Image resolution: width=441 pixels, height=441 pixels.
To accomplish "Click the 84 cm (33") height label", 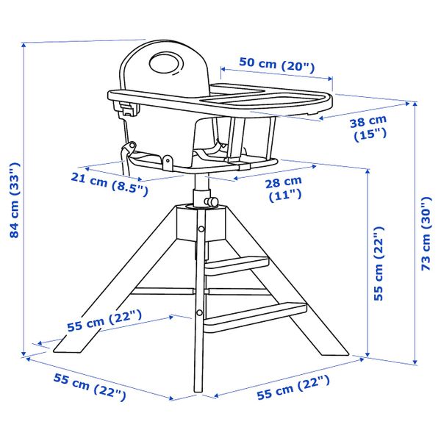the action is pyautogui.click(x=15, y=200).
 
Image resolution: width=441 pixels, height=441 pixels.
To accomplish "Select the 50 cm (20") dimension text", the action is pyautogui.click(x=276, y=65).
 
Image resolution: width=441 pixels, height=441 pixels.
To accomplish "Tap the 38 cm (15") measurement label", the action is pyautogui.click(x=369, y=128).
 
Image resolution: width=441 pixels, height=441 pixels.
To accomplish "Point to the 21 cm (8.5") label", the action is pyautogui.click(x=109, y=184).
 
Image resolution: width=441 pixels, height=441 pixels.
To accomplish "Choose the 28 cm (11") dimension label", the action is pyautogui.click(x=284, y=189).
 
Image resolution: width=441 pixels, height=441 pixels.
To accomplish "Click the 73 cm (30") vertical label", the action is pyautogui.click(x=426, y=234).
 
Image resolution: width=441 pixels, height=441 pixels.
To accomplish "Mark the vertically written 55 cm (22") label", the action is pyautogui.click(x=379, y=263).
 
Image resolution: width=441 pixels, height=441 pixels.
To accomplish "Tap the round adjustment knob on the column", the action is pyautogui.click(x=212, y=201).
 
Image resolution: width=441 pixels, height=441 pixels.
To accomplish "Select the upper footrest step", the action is pyautogui.click(x=237, y=265).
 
